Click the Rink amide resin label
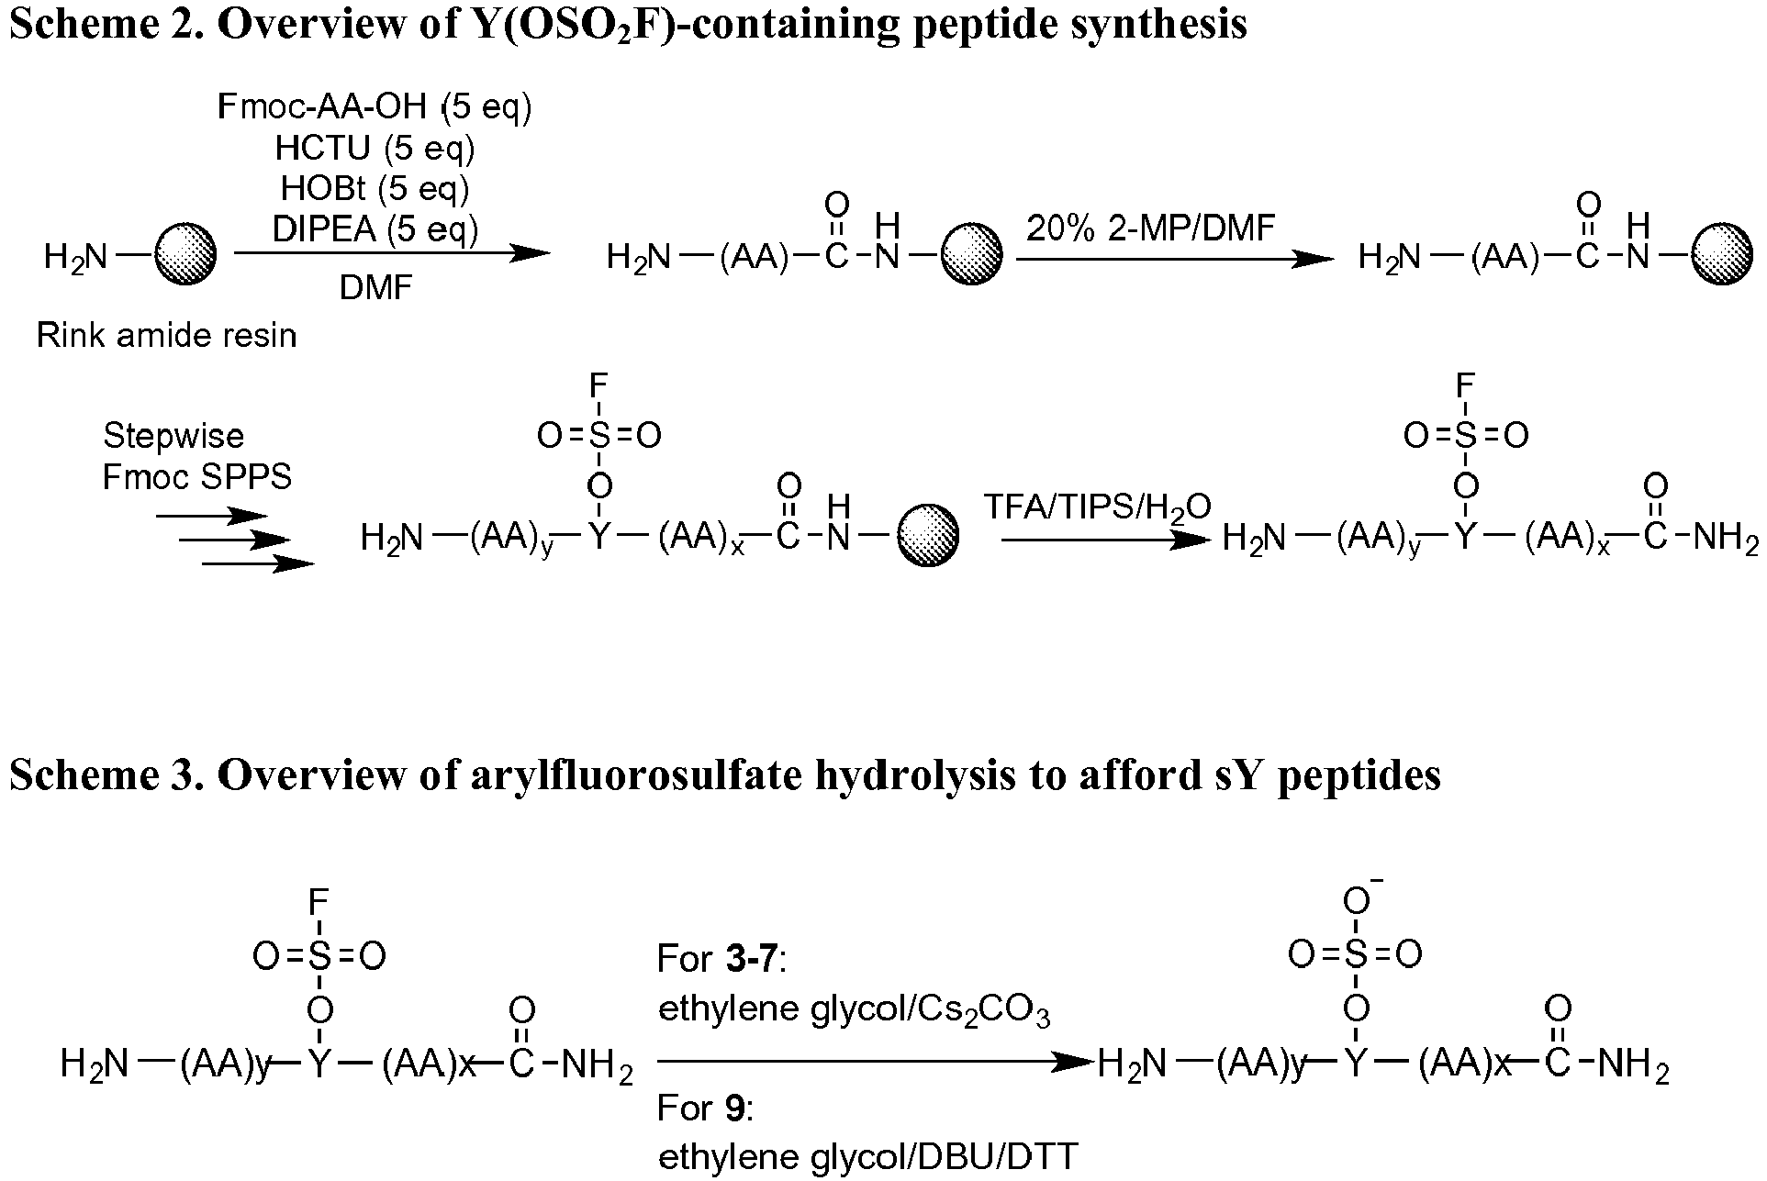[166, 336]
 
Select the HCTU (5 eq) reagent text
[375, 148]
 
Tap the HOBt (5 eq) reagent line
[375, 188]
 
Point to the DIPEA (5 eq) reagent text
[375, 228]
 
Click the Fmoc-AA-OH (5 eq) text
[375, 107]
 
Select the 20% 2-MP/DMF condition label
[1151, 227]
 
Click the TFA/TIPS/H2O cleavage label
[1098, 507]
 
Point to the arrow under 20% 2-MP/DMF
[1176, 260]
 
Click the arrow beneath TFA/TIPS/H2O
[1107, 540]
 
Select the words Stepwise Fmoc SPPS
[196, 456]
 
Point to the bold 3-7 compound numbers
[752, 960]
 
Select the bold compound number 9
[733, 1109]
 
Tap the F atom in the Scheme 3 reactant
[319, 903]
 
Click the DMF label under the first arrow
[375, 288]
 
